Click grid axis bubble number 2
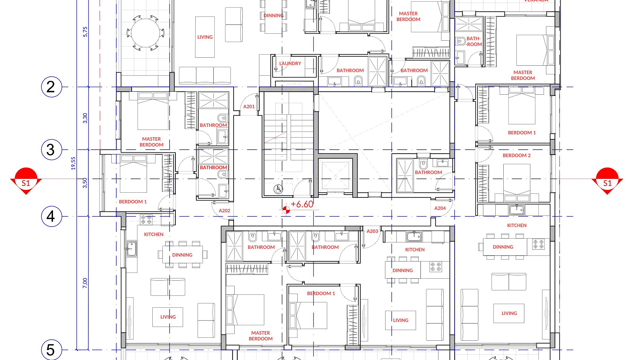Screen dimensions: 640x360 click(x=52, y=87)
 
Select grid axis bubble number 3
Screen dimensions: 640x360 click(x=52, y=150)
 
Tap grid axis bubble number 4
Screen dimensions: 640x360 click(x=52, y=216)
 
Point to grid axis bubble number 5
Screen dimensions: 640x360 click(x=52, y=350)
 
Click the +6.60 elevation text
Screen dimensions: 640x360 click(x=302, y=204)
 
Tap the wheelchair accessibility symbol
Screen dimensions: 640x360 click(x=278, y=189)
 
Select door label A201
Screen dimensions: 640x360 click(x=249, y=107)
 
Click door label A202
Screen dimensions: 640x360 click(x=224, y=211)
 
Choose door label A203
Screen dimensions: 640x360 click(x=372, y=231)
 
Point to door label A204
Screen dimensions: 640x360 click(x=440, y=208)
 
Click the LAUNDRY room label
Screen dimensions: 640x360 click(x=290, y=63)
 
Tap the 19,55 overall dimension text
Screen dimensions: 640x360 click(x=73, y=163)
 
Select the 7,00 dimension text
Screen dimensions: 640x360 click(x=85, y=283)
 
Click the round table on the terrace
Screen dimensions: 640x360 click(x=146, y=33)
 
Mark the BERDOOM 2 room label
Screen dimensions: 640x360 click(x=517, y=156)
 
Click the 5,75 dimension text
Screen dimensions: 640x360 click(x=85, y=32)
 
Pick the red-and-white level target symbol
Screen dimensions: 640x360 click(x=286, y=210)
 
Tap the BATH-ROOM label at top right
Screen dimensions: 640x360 click(x=474, y=41)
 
